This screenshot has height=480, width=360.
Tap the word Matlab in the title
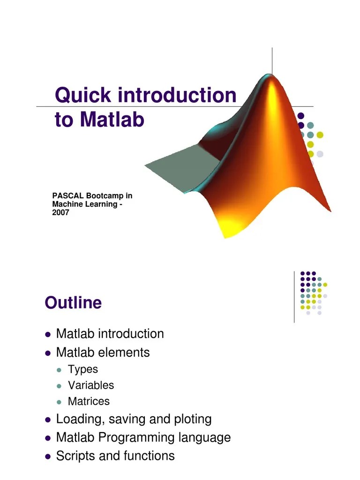click(x=112, y=120)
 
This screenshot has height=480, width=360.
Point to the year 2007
click(x=60, y=212)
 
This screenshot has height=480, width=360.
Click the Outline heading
click(x=73, y=303)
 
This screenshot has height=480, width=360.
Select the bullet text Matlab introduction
click(x=110, y=334)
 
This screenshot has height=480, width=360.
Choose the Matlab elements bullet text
click(x=103, y=352)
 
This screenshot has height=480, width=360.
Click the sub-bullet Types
click(x=83, y=369)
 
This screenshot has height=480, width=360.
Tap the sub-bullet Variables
click(x=91, y=385)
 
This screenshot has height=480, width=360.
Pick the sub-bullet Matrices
click(x=89, y=401)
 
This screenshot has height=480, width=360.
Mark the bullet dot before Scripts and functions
click(x=48, y=456)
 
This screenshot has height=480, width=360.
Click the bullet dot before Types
click(x=59, y=370)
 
